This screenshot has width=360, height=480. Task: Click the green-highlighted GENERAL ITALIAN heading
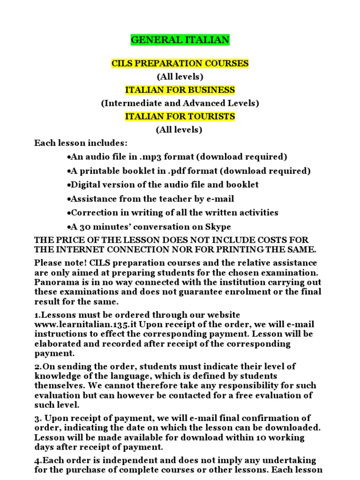[180, 40]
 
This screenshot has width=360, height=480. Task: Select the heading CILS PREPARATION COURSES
[180, 63]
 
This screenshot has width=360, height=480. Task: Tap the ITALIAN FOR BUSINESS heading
[180, 90]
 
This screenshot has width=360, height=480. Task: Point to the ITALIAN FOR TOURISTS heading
[180, 116]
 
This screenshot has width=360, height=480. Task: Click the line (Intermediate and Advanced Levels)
[180, 103]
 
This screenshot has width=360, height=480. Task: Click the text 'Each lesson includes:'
[81, 143]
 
